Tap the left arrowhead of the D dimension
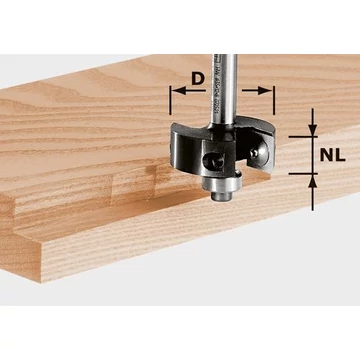point(175,89)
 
